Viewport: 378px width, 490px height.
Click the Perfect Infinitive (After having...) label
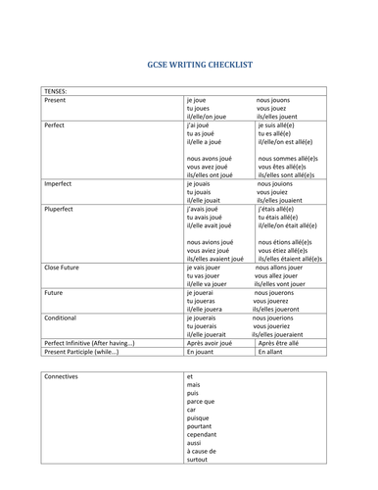(89, 343)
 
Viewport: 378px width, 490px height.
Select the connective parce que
(202, 401)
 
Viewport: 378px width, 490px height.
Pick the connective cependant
(205, 434)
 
